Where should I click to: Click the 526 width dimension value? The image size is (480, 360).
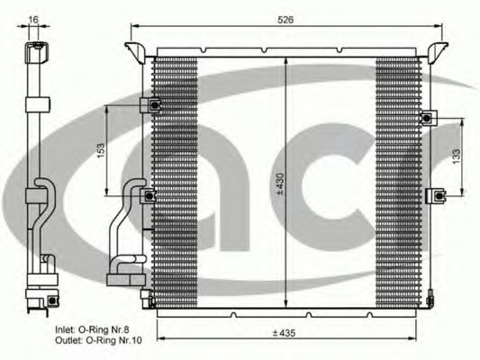pyautogui.click(x=285, y=18)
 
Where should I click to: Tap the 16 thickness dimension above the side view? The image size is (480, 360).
pyautogui.click(x=33, y=18)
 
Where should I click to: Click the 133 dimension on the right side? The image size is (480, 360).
pyautogui.click(x=457, y=155)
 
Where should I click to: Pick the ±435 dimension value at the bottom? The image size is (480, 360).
pyautogui.click(x=285, y=333)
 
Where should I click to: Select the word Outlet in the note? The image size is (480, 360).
pyautogui.click(x=68, y=341)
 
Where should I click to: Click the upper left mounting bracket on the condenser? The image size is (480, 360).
pyautogui.click(x=153, y=106)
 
